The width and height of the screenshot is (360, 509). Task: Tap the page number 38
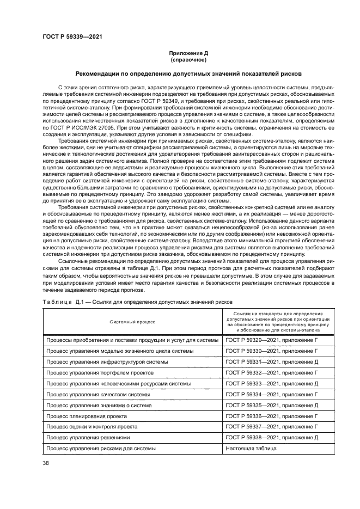point(46,463)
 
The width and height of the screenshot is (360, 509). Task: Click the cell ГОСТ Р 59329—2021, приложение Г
point(271,340)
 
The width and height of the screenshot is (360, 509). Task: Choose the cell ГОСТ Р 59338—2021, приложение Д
point(271,438)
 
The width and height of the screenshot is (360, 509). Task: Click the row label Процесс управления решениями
point(88,438)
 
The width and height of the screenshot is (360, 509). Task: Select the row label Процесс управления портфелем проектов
point(100,372)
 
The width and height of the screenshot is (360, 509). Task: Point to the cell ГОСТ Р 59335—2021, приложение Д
point(271,405)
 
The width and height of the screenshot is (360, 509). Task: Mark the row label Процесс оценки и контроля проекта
point(91,427)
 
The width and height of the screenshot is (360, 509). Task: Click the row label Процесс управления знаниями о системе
point(97,405)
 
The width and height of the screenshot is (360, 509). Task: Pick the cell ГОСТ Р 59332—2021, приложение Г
point(271,372)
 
